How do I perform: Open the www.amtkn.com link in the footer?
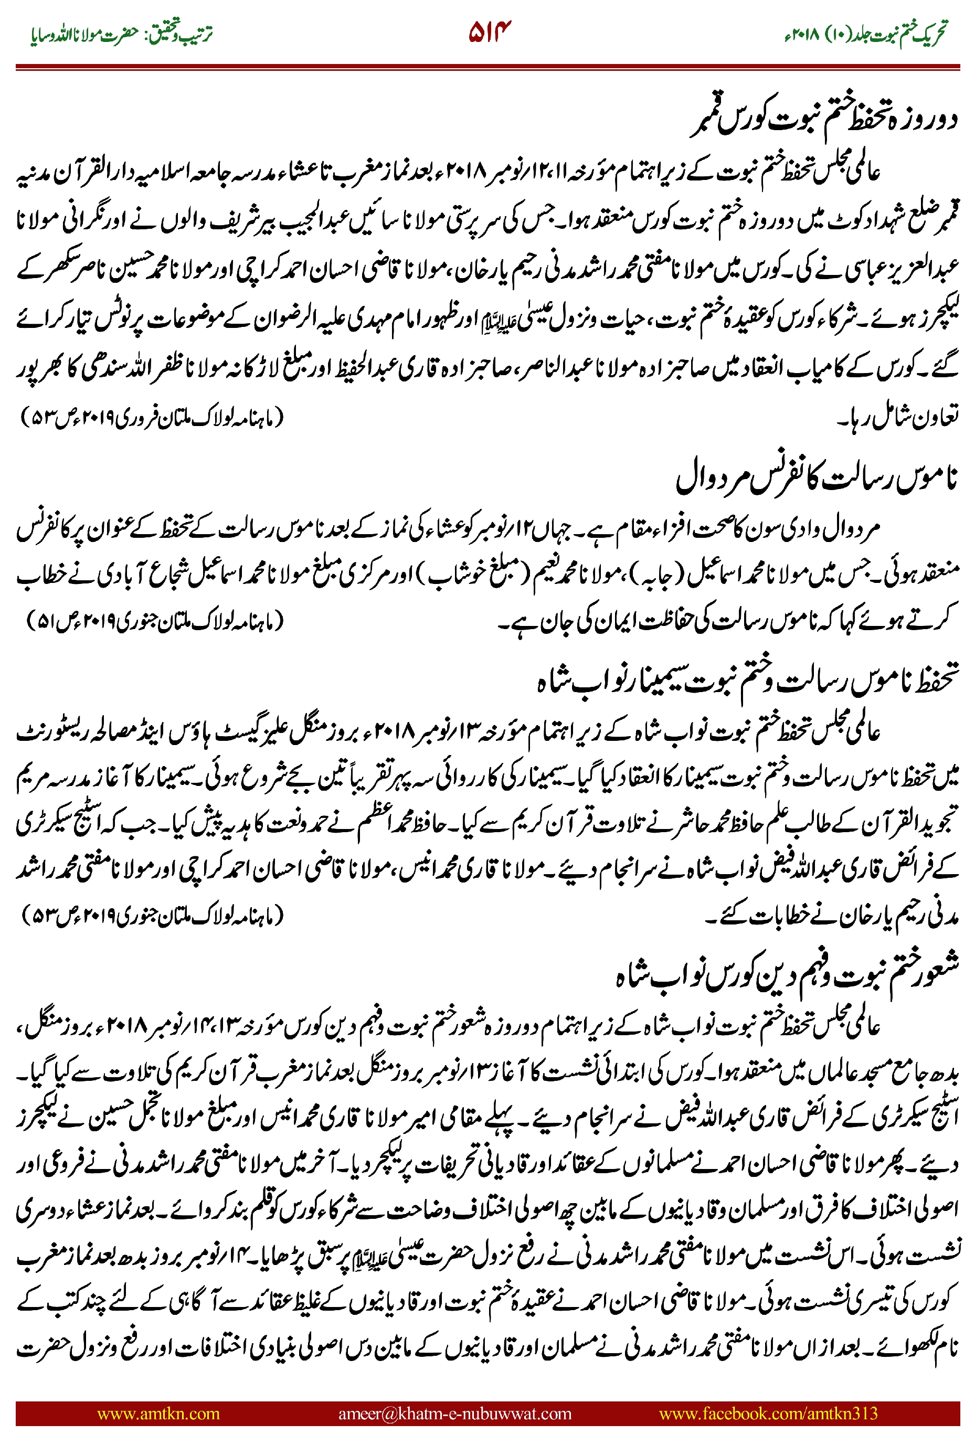[x=158, y=1413]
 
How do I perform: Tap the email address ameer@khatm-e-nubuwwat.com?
[x=454, y=1413]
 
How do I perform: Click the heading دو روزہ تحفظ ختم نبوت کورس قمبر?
[x=824, y=119]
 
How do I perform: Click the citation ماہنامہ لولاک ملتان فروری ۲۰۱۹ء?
[x=152, y=417]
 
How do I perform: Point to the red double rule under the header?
[x=487, y=67]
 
